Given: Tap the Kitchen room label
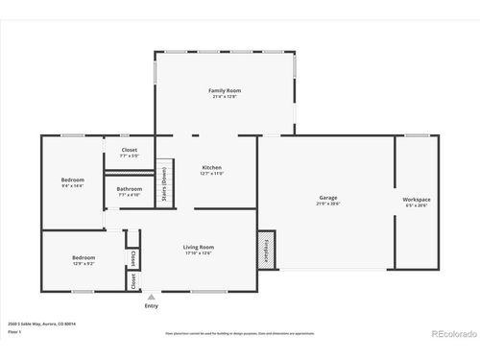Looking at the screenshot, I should (x=211, y=168).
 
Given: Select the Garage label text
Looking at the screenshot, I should (x=328, y=198).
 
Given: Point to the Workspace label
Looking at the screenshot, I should (x=417, y=199).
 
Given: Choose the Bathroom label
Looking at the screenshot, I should (x=130, y=188).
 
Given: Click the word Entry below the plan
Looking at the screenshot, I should (x=152, y=306).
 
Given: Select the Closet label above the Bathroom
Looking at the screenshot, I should (x=129, y=150).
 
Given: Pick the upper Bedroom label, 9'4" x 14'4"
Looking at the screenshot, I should (x=73, y=180).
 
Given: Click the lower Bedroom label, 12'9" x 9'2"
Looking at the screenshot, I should (x=83, y=257).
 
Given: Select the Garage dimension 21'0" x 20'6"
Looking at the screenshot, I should (x=328, y=204).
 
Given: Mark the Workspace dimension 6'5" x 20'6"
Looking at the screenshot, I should (x=417, y=204).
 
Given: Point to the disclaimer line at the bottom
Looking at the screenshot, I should (x=239, y=334).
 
